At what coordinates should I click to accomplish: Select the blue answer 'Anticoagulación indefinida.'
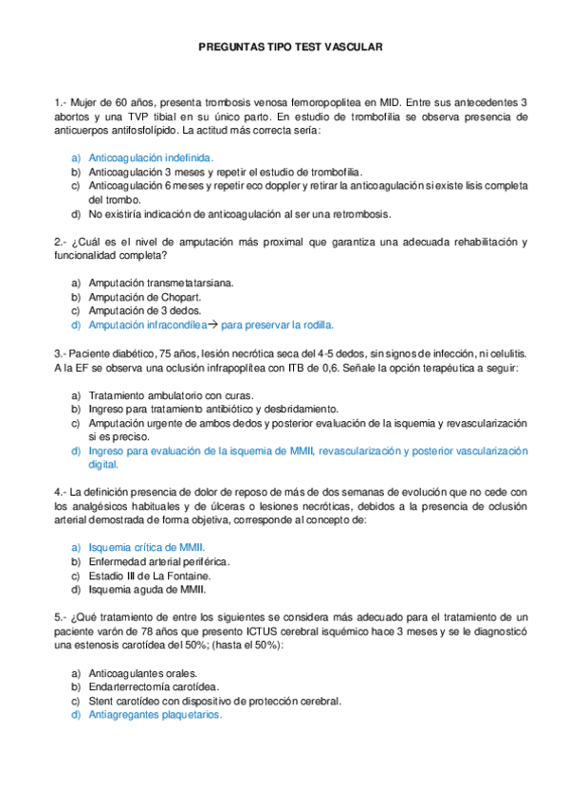[151, 157]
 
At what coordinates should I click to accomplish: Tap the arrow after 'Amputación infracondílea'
[213, 324]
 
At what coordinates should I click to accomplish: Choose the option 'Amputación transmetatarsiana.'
[160, 283]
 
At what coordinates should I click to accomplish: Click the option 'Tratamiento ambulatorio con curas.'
[168, 394]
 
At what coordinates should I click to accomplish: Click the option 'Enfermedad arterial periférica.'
[159, 562]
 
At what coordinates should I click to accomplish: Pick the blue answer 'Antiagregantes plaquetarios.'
[155, 715]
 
